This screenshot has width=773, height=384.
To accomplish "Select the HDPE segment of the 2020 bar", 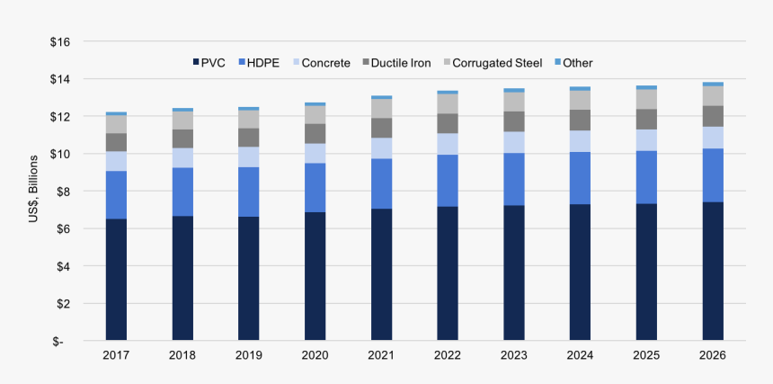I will pos(315,187).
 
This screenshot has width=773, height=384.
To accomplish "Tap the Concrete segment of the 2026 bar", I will pos(713,138).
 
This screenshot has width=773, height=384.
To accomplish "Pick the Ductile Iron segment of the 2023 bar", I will pos(514,121).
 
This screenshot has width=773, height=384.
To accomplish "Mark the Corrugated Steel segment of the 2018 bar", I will pos(182,121).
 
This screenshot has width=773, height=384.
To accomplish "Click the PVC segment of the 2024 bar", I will pos(580,272).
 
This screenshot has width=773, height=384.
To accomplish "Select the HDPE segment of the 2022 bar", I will pos(448,181).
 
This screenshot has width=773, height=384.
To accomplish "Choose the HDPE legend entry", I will pos(259,63).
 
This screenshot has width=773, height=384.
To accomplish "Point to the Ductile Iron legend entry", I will pos(395,63).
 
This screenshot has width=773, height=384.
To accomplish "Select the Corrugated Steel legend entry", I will pos(490,63).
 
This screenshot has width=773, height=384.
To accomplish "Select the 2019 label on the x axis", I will pos(249,355).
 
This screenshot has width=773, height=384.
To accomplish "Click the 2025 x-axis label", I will pos(646,355).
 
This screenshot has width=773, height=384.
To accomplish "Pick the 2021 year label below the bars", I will pos(381,355).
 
